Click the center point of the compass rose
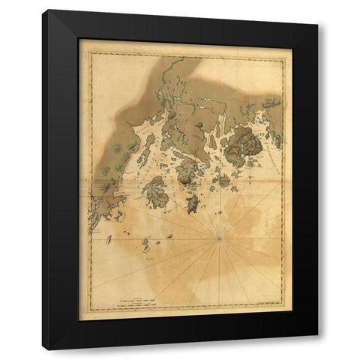click(219, 238)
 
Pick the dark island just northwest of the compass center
click(191, 203)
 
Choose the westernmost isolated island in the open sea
click(109, 240)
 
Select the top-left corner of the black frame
click(43, 10)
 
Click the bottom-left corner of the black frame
click(43, 349)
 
